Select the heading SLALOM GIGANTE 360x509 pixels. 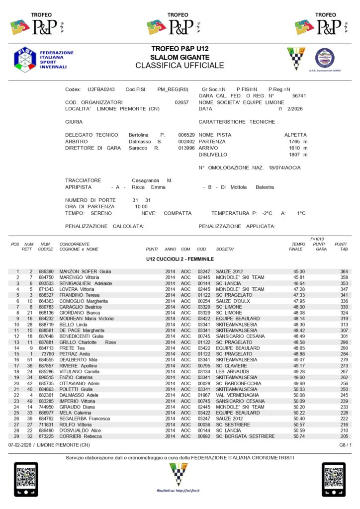[180, 58]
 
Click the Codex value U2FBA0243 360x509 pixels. [101, 89]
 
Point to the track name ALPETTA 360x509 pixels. [295, 135]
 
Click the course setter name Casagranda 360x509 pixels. [147, 180]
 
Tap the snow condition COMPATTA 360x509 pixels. [178, 213]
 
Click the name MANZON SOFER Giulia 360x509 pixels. [85, 271]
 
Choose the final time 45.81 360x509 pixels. [299, 277]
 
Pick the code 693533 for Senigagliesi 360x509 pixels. [46, 283]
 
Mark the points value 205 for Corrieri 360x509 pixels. [344, 436]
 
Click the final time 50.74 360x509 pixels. [299, 436]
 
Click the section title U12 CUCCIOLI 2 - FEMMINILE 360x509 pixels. [180, 259]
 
